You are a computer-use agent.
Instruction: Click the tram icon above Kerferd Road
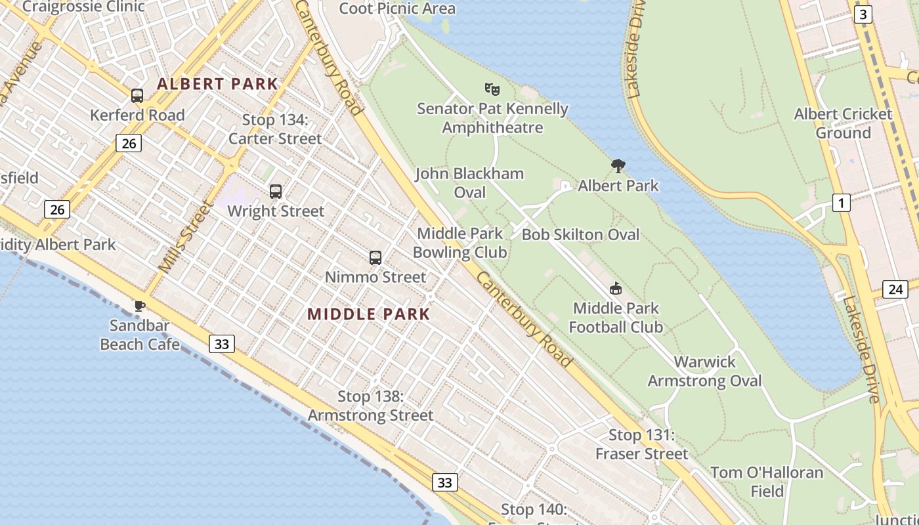point(137,96)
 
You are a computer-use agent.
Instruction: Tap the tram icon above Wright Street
point(276,192)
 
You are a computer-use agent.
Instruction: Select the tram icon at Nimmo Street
point(375,257)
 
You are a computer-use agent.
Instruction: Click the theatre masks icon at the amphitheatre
point(492,89)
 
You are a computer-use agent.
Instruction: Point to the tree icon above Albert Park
point(618,166)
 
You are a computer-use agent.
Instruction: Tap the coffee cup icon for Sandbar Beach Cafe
point(139,306)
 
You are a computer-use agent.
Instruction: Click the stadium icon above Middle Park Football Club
point(615,289)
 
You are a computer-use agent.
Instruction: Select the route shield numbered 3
point(863,14)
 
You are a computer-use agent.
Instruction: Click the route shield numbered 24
point(895,289)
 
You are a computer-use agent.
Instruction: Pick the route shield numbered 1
point(841,203)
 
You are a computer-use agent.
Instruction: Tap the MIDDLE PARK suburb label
point(368,314)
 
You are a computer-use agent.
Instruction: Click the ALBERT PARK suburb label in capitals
point(217,84)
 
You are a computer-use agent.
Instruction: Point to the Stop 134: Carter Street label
point(275,129)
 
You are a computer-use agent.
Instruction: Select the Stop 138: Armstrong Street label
point(370,406)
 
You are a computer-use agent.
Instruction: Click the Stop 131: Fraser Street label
point(641,444)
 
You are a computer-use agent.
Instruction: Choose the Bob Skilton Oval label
point(580,234)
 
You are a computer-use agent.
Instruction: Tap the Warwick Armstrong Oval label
point(704,371)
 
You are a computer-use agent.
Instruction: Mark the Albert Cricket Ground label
point(843,123)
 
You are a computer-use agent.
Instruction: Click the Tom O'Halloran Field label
point(767,482)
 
